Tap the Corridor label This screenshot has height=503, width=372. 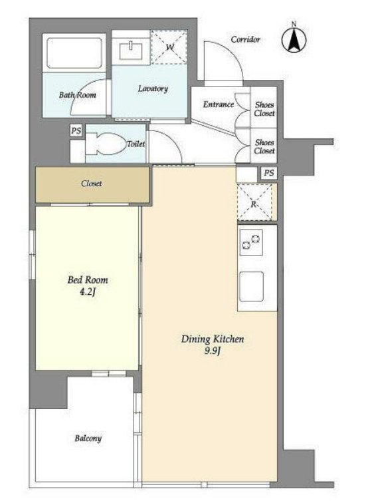(x=245, y=39)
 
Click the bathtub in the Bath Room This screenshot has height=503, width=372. (x=74, y=53)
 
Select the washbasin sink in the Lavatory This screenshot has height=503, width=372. (x=131, y=51)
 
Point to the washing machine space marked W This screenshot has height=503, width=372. (x=169, y=47)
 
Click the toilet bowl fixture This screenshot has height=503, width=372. (x=106, y=144)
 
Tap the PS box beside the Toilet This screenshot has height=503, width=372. (x=76, y=131)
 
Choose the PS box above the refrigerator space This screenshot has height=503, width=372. (x=269, y=173)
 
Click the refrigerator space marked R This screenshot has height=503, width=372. (x=254, y=202)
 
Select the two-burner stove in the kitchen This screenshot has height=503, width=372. (x=251, y=242)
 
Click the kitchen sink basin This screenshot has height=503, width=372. (x=252, y=286)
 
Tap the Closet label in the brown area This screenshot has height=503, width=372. (x=91, y=184)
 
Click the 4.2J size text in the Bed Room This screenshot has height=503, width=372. (x=88, y=292)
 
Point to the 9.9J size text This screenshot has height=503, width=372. (x=213, y=351)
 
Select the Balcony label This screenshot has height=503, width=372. (x=88, y=438)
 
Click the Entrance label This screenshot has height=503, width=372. (x=218, y=104)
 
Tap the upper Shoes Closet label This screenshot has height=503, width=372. (x=264, y=108)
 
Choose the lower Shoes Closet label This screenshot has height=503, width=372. (x=264, y=146)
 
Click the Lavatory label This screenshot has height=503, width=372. (x=153, y=88)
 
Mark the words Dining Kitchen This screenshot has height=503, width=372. (x=213, y=339)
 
